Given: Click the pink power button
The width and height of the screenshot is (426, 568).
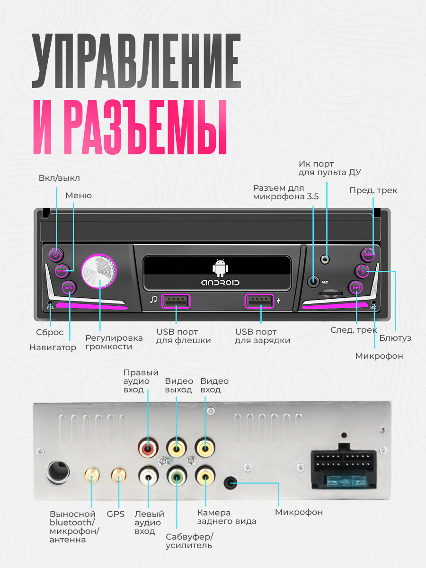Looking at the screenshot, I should (x=55, y=255).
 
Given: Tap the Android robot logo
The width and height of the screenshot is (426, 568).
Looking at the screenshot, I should (x=220, y=268).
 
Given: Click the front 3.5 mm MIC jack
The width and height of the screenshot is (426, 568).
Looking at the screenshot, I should (x=313, y=281).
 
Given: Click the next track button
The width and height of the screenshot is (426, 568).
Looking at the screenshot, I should (x=356, y=287).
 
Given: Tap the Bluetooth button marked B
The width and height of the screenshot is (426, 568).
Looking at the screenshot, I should (x=363, y=271).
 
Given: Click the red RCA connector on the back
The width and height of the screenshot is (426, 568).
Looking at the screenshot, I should (x=148, y=447).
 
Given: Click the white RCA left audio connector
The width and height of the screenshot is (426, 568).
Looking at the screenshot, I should (x=148, y=476).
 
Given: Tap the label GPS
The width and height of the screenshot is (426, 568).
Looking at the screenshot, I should (x=115, y=514).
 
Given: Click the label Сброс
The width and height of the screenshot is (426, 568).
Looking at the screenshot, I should (x=50, y=332).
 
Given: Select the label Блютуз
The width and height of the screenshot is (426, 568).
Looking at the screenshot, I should (x=395, y=338).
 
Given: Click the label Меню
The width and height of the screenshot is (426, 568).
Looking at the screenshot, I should (x=79, y=195).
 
